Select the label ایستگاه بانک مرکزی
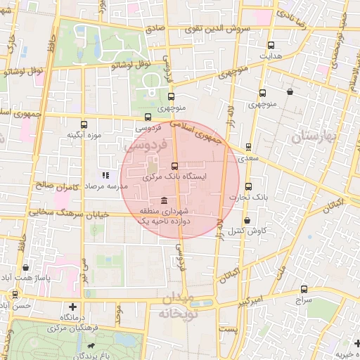click(x=174, y=177)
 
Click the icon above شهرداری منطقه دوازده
click(x=164, y=200)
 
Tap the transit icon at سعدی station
click(x=248, y=147)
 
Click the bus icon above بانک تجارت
click(x=248, y=186)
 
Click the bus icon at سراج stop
click(x=304, y=289)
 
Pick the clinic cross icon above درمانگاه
click(x=73, y=307)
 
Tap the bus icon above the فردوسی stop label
click(x=148, y=117)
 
